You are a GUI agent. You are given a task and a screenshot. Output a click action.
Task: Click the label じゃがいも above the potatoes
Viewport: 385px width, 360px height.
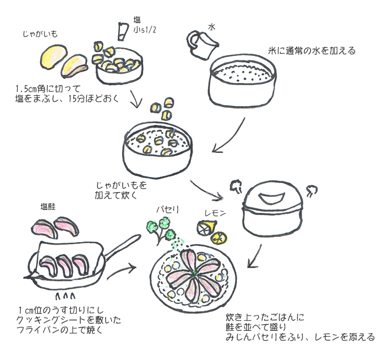pos(40,34)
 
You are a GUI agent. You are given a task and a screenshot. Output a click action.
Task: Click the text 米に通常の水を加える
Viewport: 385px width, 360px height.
pos(312,51)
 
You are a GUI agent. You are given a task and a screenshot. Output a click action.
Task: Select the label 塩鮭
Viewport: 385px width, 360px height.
pos(48,207)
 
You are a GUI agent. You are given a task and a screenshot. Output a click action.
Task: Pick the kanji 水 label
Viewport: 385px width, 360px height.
pos(211,26)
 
